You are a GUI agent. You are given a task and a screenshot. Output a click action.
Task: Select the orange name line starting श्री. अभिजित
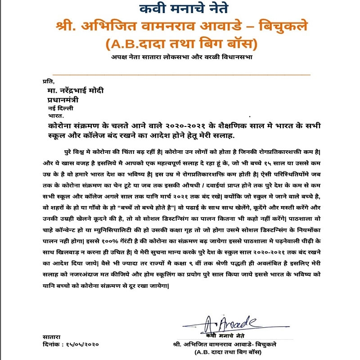[x=180, y=27]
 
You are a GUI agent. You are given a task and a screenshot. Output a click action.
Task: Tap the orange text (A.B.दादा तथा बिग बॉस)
[x=180, y=45]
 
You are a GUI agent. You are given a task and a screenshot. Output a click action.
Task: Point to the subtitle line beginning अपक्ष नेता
[x=180, y=57]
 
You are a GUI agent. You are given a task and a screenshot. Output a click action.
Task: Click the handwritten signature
[x=229, y=324]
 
